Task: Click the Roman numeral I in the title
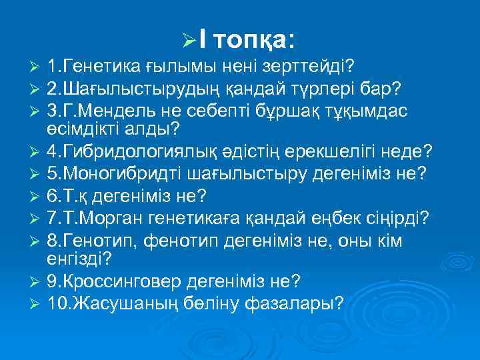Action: pos(201,41)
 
